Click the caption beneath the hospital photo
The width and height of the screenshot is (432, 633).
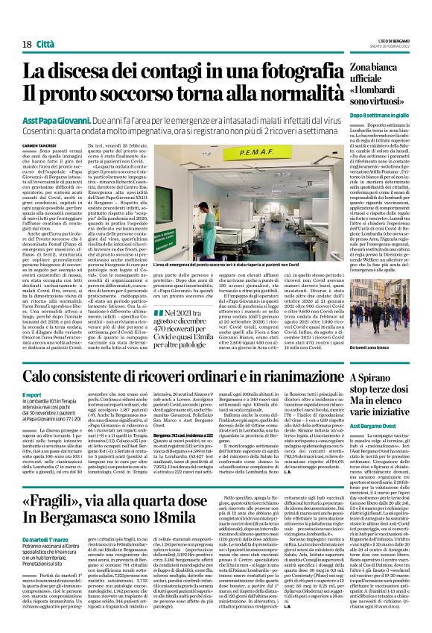pyautogui.click(x=242, y=266)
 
